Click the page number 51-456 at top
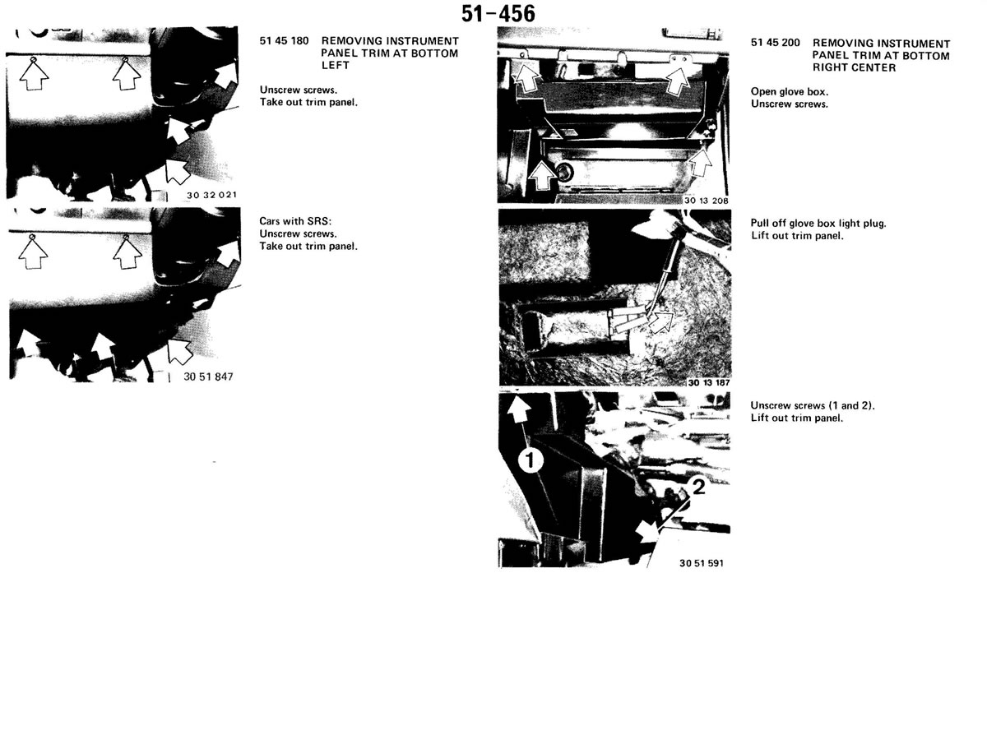[x=498, y=14]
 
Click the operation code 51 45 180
[x=284, y=41]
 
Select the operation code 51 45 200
[x=776, y=43]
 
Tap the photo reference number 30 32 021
[x=211, y=195]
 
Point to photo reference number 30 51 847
[x=208, y=377]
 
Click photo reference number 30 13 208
[x=706, y=201]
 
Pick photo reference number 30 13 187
[x=709, y=382]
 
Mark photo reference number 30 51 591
[x=702, y=563]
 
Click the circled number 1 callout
[x=531, y=460]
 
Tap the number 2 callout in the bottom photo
[x=698, y=487]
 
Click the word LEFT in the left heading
[x=335, y=65]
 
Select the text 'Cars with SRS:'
[x=295, y=221]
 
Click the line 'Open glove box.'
[x=789, y=91]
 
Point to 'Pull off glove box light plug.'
[x=818, y=224]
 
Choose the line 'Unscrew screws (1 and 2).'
[x=813, y=405]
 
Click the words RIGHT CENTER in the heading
[x=854, y=68]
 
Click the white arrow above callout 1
[x=519, y=409]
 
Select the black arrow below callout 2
[x=646, y=534]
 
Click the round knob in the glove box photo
[x=564, y=171]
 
